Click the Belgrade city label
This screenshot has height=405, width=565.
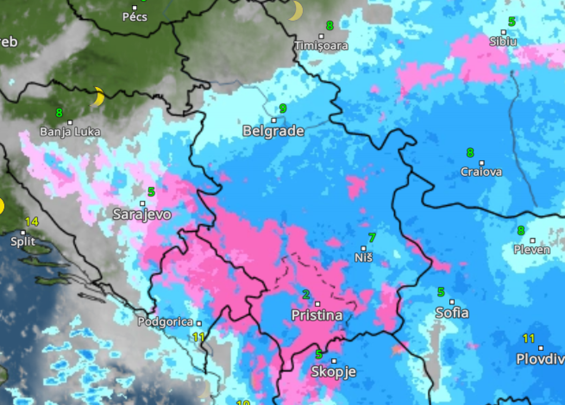(273, 131)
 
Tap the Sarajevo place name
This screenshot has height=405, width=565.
(142, 214)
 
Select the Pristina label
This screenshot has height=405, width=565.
(317, 315)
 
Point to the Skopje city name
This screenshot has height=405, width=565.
(334, 372)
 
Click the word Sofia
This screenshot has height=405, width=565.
(452, 313)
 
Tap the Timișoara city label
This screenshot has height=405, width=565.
(321, 46)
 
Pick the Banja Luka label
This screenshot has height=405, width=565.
(70, 132)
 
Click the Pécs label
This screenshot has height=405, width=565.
(135, 17)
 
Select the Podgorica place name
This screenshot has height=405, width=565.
(165, 322)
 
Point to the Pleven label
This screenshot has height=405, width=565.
(532, 250)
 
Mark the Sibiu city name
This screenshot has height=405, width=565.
(503, 42)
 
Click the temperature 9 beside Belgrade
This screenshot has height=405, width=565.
(283, 109)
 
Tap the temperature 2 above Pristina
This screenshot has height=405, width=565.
(306, 295)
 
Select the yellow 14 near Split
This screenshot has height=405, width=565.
(32, 222)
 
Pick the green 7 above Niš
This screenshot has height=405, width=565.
(372, 237)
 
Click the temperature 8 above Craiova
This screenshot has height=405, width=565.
(470, 152)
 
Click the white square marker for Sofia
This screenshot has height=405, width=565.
(452, 302)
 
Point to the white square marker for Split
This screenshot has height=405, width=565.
(23, 233)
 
